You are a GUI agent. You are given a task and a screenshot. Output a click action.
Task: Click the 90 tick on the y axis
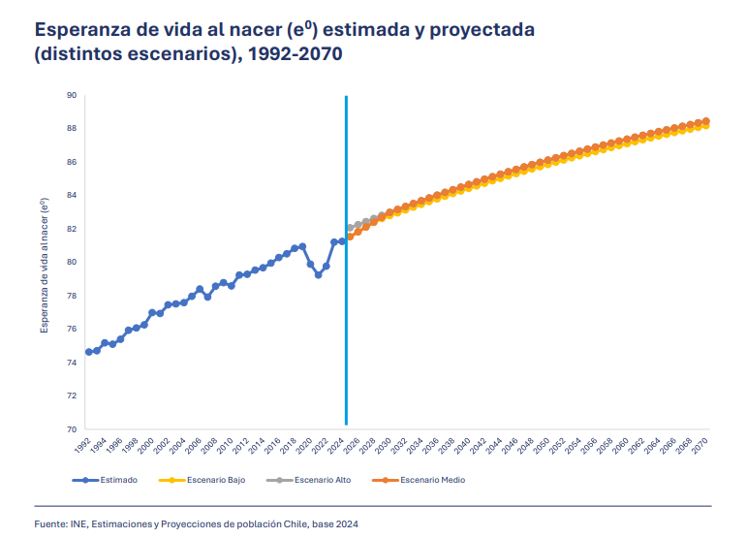click(72, 95)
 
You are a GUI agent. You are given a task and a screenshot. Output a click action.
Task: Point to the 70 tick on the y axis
click(72, 429)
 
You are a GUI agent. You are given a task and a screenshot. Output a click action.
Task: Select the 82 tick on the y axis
click(72, 229)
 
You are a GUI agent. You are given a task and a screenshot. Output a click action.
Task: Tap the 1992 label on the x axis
click(83, 446)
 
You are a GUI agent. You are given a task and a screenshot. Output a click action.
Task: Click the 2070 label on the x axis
click(700, 446)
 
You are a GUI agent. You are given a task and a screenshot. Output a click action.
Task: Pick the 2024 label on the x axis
click(337, 446)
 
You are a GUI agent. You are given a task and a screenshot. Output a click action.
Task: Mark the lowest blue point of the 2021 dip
click(318, 274)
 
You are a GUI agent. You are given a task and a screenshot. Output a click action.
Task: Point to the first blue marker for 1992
click(89, 352)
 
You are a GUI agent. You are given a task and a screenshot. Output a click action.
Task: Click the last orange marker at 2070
click(705, 121)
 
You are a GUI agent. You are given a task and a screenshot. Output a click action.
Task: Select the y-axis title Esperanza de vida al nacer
click(44, 264)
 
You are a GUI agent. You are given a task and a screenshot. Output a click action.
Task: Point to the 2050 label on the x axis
click(543, 446)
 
